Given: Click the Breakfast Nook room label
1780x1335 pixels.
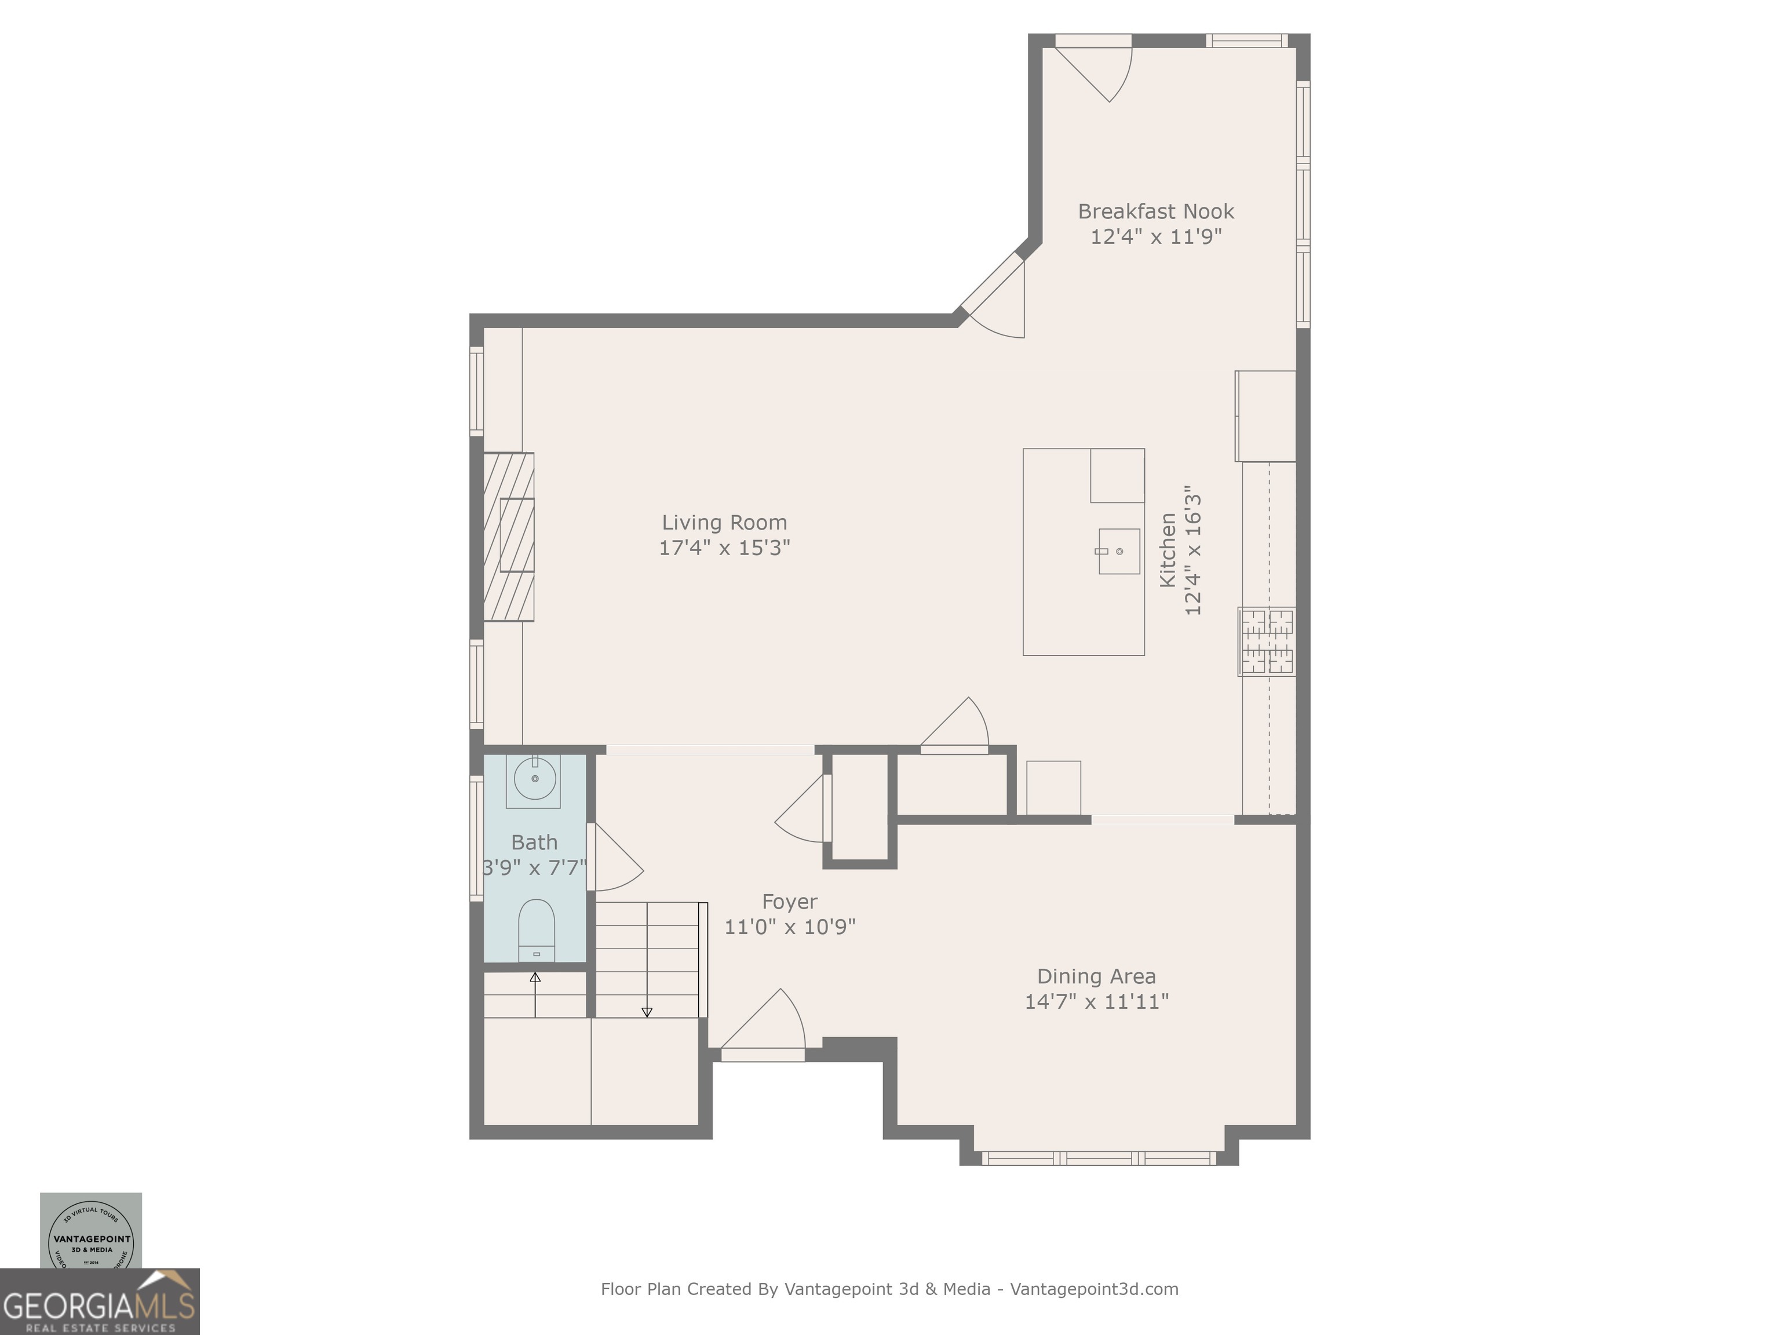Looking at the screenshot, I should pos(1155,211).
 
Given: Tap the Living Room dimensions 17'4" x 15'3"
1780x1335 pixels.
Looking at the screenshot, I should pos(724,548).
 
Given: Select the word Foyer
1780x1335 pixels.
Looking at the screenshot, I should pos(789,902).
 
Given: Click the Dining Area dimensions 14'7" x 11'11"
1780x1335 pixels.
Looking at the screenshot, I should pos(1096,1002).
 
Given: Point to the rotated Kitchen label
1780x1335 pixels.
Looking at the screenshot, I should pos(1168,550).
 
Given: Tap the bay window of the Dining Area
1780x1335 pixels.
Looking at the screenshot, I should pos(1099,1158).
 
